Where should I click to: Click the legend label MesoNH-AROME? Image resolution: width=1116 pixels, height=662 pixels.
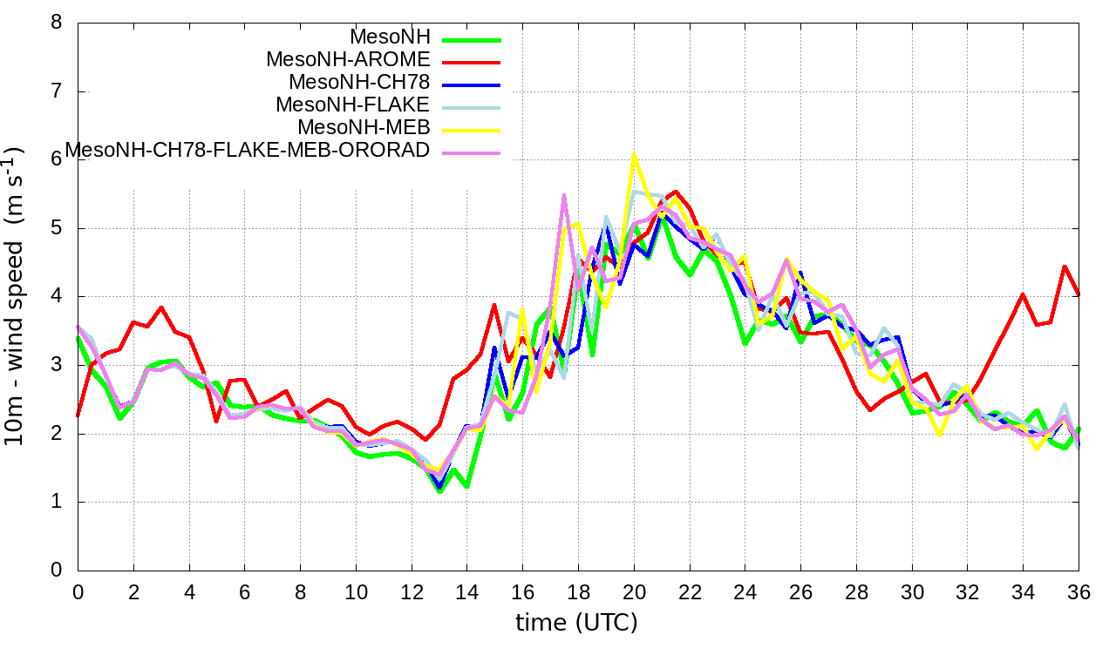(348, 60)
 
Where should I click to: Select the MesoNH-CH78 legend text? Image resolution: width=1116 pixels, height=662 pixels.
(359, 83)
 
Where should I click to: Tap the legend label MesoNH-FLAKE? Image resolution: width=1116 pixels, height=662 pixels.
(353, 105)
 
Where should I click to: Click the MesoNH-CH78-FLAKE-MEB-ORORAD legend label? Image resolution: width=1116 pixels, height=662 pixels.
(248, 151)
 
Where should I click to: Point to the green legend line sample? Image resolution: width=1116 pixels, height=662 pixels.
(472, 39)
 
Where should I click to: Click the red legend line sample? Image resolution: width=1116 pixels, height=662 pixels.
(472, 62)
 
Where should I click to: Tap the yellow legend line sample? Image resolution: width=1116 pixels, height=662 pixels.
(472, 130)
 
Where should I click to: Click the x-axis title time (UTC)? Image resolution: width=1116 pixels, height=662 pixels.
(576, 623)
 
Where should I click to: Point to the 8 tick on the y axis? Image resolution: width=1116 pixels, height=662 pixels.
(57, 23)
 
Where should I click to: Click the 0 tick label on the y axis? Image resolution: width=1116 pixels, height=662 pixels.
(57, 571)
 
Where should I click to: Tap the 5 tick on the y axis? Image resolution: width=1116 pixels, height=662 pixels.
(57, 228)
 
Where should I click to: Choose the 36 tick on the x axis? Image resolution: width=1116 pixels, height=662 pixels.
(1079, 591)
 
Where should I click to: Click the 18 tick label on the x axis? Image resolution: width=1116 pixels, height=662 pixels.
(578, 591)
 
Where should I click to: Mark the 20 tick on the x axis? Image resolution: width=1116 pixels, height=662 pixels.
(634, 591)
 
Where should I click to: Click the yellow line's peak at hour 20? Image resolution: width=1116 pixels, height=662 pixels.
(634, 155)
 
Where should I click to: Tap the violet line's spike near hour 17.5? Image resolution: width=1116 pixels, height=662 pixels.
(564, 195)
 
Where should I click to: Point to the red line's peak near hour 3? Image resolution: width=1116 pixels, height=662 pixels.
(161, 307)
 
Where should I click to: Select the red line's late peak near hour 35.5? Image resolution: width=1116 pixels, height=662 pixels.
(1065, 267)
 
